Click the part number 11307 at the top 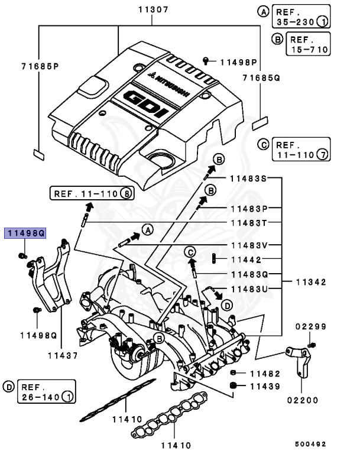click(153, 9)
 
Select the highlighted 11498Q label click(25, 234)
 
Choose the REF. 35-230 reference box click(301, 17)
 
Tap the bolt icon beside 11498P click(206, 61)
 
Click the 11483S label click(248, 178)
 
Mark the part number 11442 click(245, 260)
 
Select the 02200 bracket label click(299, 400)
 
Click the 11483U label click(248, 289)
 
